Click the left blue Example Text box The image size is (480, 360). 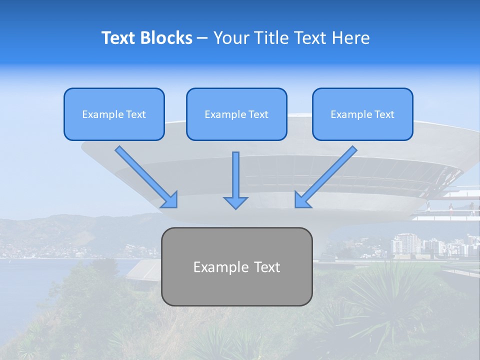click(x=114, y=114)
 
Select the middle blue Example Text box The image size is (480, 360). click(x=236, y=114)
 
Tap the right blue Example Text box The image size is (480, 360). click(x=362, y=114)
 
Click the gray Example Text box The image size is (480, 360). click(x=236, y=266)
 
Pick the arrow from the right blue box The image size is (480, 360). click(x=326, y=176)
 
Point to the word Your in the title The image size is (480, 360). click(x=230, y=38)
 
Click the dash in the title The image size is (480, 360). click(x=202, y=38)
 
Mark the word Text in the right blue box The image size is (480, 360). click(x=384, y=114)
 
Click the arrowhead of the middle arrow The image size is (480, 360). click(x=235, y=202)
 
